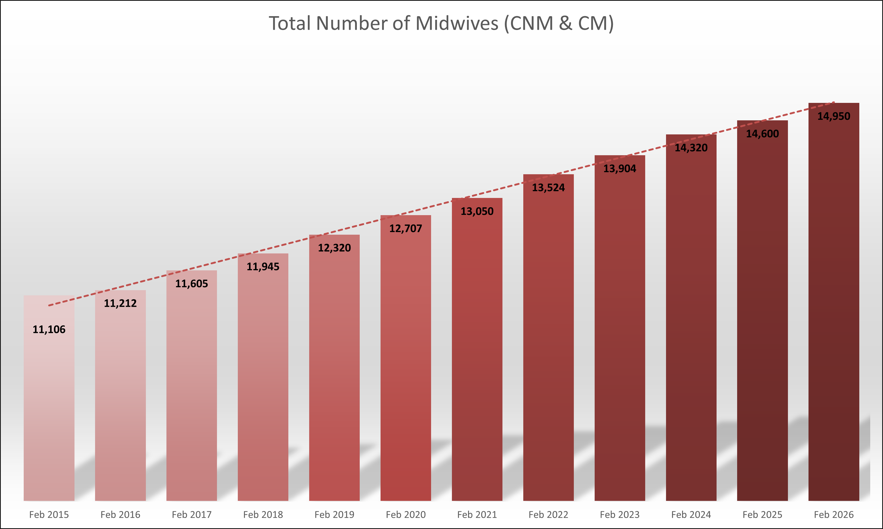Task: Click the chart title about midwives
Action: pos(441,23)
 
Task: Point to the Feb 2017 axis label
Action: pos(191,514)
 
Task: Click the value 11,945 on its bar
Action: pos(263,267)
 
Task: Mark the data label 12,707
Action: pos(405,228)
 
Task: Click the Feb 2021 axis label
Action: pos(477,514)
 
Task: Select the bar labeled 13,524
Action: pos(548,339)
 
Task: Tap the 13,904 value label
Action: pos(620,169)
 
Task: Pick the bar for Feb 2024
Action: pos(691,321)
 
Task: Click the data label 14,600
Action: pos(762,134)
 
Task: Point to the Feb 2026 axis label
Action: pos(834,514)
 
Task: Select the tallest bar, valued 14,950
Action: pos(834,303)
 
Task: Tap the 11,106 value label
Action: pos(49,329)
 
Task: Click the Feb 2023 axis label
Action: pos(620,514)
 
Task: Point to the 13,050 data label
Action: pos(477,211)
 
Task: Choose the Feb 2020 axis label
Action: pos(405,514)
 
